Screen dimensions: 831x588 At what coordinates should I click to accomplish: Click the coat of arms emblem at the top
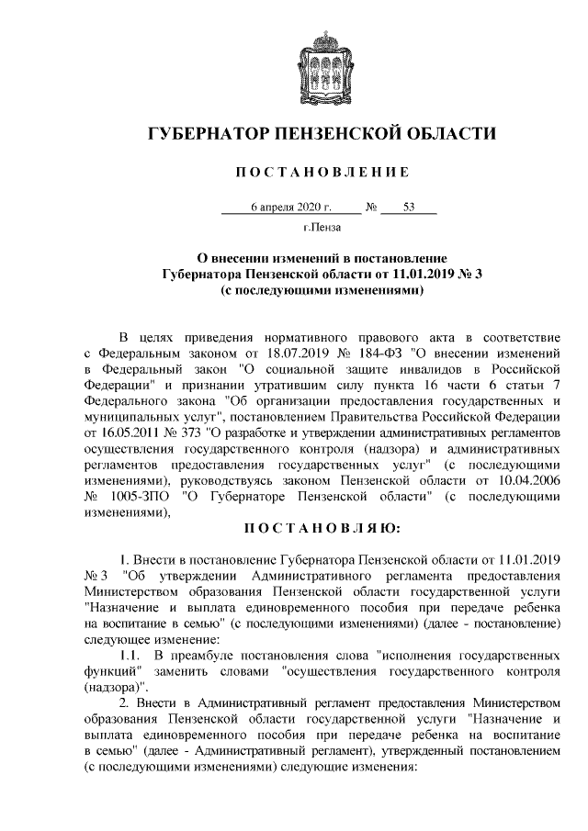[x=322, y=65]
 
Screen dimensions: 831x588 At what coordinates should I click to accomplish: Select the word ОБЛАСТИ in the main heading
[x=449, y=136]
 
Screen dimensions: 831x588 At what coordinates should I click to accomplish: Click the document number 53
[x=409, y=208]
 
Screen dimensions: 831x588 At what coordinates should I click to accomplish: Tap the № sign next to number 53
[x=372, y=208]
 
